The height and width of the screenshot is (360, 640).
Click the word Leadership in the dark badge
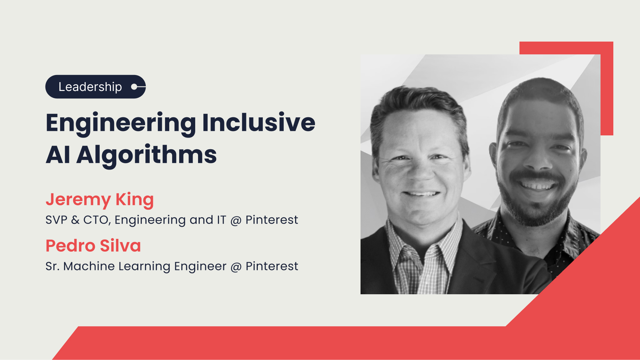pos(90,87)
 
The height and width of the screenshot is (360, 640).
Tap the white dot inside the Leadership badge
pos(134,87)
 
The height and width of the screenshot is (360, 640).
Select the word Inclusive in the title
pos(259,122)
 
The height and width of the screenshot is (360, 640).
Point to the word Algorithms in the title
pos(146,155)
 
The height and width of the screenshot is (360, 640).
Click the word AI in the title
pos(58,155)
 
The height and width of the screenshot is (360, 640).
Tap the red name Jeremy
pos(78,200)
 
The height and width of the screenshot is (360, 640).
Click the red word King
pos(135,200)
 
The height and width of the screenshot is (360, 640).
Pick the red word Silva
pos(121,246)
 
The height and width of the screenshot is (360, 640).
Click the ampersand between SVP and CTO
pos(75,220)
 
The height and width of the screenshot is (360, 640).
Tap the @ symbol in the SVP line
pos(236,221)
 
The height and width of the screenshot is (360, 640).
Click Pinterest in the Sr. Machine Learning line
pos(272,266)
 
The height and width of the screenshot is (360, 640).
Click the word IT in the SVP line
pos(222,220)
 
